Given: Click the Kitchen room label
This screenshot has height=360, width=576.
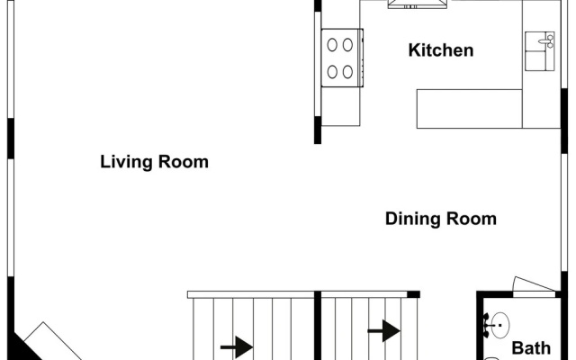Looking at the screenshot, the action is coord(441,50).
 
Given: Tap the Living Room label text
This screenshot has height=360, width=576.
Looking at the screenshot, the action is coord(154,162).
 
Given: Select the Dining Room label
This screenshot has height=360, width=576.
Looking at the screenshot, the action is coord(441,219).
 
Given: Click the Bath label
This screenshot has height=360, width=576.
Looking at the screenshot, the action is coord(531,348).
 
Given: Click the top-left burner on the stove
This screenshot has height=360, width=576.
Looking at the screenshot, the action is coord(332,45).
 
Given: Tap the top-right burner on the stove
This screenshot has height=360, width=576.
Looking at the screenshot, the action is coord(347,45).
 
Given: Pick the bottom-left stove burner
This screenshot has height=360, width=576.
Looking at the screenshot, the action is coord(332,72).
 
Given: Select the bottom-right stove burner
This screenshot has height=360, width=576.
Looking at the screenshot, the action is coord(347,72).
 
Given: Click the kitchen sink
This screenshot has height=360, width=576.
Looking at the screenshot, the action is coord(540,51).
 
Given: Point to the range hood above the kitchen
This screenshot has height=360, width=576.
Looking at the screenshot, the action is coord(418,4).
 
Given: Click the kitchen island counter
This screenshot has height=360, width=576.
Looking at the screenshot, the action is coord(470,109).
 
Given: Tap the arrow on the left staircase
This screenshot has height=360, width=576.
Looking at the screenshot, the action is coord(237,346).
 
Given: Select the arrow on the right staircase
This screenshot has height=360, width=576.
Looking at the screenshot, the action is coord(384,330).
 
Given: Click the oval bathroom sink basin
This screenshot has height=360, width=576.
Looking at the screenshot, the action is coord(500,325).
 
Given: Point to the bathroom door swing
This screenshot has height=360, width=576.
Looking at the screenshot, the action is coord(534,284).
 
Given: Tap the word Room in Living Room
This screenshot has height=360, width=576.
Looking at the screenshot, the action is coord(184,162).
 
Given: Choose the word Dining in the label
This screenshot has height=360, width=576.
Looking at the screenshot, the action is coord(412,219).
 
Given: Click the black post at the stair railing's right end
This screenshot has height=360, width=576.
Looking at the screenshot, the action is coord(414,294).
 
